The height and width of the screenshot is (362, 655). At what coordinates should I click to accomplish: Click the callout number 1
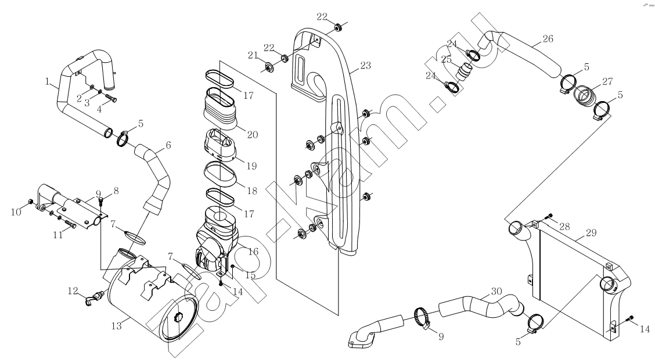(47, 81)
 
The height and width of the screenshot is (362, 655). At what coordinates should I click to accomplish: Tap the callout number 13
(117, 325)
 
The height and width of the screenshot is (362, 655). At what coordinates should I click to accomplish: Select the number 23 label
(365, 66)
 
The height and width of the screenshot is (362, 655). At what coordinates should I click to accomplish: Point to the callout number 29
(591, 233)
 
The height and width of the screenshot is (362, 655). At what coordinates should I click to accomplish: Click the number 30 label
(496, 291)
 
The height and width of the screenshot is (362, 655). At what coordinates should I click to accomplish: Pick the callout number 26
(548, 39)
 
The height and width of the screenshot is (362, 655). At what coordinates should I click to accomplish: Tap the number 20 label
(253, 135)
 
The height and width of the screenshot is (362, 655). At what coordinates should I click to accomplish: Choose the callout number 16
(253, 252)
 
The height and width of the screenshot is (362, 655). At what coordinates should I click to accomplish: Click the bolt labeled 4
(111, 98)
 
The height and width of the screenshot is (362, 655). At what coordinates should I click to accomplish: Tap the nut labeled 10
(31, 202)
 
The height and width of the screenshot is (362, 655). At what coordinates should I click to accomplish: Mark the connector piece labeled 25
(464, 70)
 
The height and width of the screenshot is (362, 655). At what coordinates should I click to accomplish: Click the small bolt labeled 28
(549, 216)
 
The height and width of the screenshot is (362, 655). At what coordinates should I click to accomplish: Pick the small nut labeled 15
(233, 266)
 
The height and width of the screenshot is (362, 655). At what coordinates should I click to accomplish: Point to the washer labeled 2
(92, 87)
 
